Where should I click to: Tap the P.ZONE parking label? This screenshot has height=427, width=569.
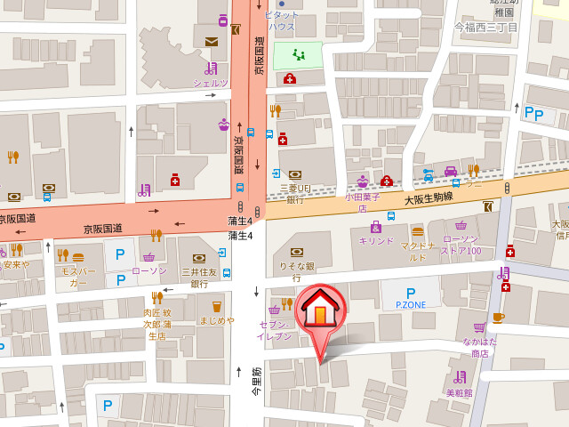(x=410, y=304)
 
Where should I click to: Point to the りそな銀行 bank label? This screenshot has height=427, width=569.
(x=296, y=271)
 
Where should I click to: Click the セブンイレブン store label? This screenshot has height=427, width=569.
(x=274, y=331)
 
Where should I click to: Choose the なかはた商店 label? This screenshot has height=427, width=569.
(x=480, y=348)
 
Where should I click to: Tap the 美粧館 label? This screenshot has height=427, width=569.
(x=459, y=391)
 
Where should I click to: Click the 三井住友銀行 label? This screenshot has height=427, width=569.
(x=199, y=277)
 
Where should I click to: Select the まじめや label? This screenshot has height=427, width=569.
(x=216, y=320)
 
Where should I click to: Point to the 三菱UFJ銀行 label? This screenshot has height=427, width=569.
(x=294, y=194)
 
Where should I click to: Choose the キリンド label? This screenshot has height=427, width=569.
(x=375, y=241)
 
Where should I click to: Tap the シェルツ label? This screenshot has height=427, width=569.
(x=211, y=83)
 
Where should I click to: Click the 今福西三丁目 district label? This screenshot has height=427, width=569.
(x=485, y=28)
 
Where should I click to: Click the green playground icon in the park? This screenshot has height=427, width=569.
(x=299, y=55)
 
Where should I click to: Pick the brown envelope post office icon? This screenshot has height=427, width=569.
(x=211, y=41)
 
